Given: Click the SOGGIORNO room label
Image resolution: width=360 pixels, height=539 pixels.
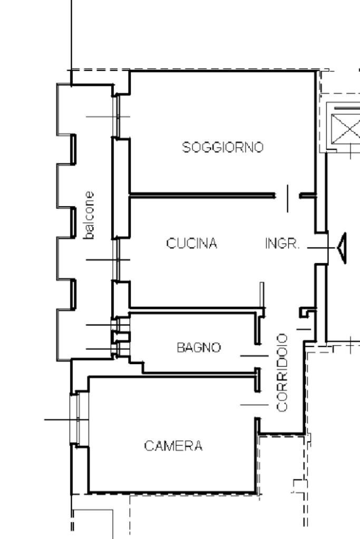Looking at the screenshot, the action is point(222,147).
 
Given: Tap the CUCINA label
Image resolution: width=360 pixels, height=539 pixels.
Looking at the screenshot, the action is point(191,243).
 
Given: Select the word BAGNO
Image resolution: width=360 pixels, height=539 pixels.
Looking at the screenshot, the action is point(199,348).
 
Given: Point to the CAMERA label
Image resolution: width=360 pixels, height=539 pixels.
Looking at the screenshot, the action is point(173,446).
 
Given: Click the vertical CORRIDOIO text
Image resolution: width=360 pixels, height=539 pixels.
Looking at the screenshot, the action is point(282,373).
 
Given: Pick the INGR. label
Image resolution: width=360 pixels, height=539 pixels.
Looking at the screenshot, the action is point(283,244).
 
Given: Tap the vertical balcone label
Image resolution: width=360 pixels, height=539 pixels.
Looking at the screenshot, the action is point(89,215).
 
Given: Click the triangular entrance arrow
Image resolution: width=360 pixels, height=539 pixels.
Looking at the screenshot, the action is point(342,248).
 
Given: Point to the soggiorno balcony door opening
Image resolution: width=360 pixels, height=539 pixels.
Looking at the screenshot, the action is point(116,116).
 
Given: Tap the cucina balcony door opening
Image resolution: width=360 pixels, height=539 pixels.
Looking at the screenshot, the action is point(116,260).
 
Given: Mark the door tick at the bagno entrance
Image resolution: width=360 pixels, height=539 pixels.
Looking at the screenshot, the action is point(254,356).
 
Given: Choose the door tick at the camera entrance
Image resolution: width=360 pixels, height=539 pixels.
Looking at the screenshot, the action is point(254,405).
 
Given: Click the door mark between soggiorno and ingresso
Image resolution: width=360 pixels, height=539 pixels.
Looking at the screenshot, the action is point(288,198).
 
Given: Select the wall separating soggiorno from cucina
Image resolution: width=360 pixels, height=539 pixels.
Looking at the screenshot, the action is point(202,195).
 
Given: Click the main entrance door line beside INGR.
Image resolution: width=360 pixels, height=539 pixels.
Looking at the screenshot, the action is point(321,248).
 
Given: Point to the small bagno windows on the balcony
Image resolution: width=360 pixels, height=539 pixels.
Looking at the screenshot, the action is point(120,337).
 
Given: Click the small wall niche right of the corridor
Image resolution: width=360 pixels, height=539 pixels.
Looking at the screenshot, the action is point(307,312).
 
